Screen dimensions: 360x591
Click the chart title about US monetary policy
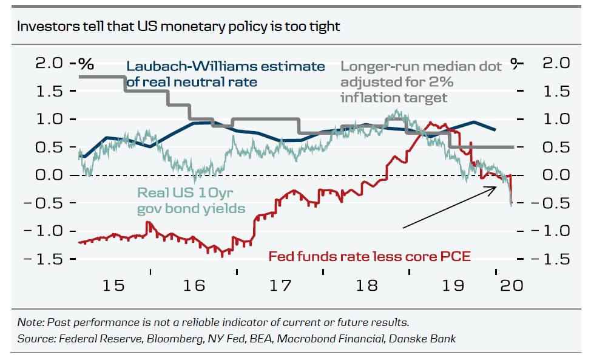click(x=178, y=27)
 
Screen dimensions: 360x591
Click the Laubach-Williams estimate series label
click(x=225, y=74)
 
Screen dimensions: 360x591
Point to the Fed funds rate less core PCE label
click(x=369, y=256)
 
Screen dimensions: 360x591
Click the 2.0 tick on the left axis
click(x=39, y=63)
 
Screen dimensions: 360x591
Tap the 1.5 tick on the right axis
click(x=553, y=91)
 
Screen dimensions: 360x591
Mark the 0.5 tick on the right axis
click(x=553, y=148)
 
